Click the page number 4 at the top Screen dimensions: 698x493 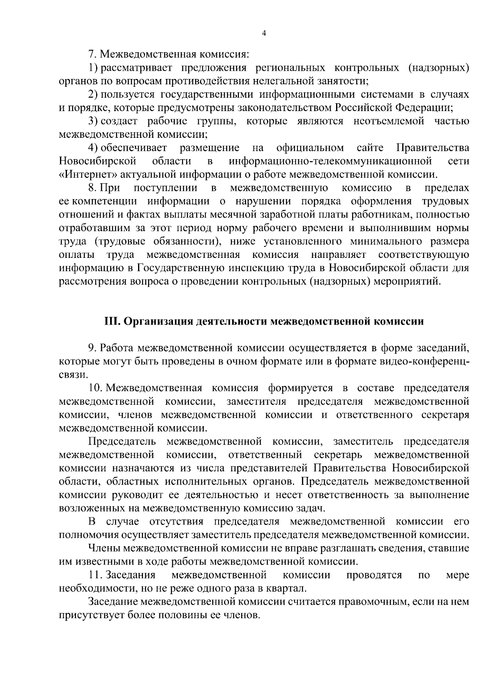point(264,34)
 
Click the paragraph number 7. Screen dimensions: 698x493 point(92,54)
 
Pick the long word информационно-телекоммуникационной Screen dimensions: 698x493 point(330,161)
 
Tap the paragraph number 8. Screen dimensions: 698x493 point(92,188)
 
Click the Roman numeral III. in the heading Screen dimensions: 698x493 point(111,321)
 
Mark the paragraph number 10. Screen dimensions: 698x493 point(95,388)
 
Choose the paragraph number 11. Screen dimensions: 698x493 point(95,575)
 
